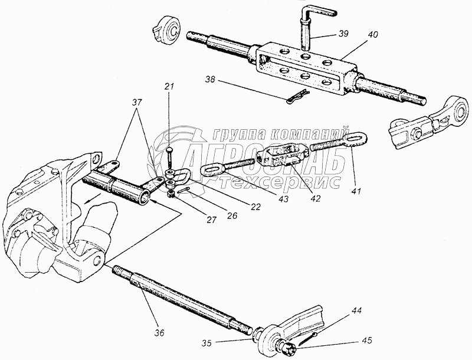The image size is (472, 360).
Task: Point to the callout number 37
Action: [137, 102]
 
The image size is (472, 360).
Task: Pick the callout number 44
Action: [340, 310]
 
